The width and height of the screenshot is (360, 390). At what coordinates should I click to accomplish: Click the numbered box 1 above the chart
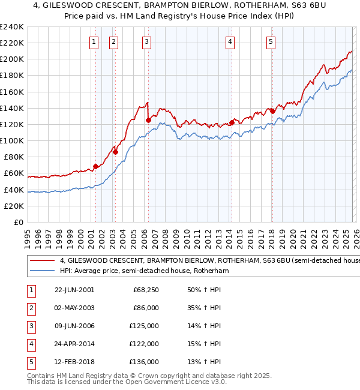[x=95, y=41]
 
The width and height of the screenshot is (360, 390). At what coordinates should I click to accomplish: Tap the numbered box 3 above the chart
[x=147, y=41]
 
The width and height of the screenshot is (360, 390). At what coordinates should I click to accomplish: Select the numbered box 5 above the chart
[x=271, y=41]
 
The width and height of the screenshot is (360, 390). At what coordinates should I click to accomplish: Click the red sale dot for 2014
[x=232, y=123]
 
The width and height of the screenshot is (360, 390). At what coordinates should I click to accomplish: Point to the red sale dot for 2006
[x=148, y=120]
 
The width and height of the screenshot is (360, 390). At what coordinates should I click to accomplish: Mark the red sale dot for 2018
[x=272, y=111]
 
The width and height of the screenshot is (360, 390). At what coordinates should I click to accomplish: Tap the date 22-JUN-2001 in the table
[x=74, y=290]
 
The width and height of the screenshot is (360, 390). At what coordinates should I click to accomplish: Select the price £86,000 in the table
[x=145, y=308]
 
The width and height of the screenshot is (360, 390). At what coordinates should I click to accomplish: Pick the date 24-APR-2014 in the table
[x=74, y=344]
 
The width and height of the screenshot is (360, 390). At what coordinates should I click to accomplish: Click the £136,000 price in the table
[x=145, y=362]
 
